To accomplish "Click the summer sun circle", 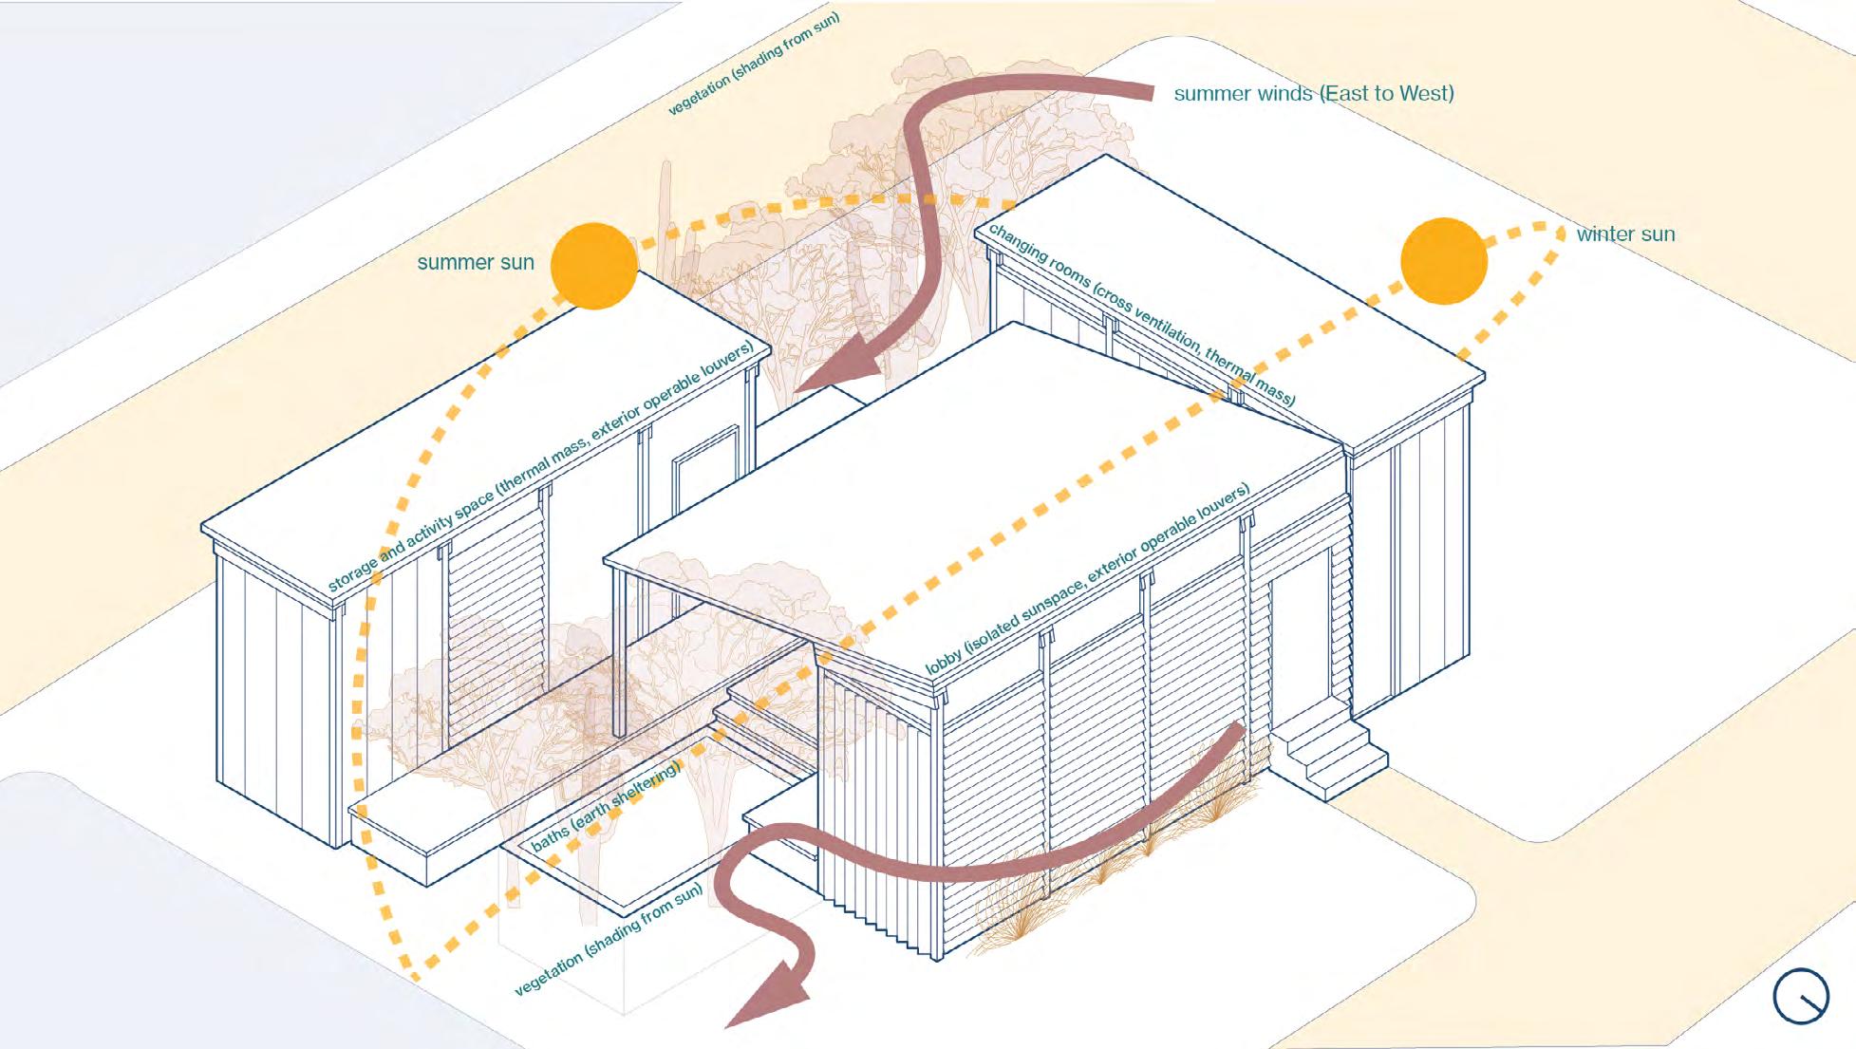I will (x=594, y=266).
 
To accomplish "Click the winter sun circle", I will (x=1444, y=261).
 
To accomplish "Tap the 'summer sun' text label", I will (x=476, y=263).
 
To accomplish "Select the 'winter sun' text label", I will (x=1625, y=234).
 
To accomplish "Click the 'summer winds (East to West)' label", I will (x=1314, y=93).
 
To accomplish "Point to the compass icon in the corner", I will (x=1800, y=997).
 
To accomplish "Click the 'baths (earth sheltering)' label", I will (x=606, y=805).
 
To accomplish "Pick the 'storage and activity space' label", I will (x=541, y=465).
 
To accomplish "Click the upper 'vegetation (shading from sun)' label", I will (x=754, y=65).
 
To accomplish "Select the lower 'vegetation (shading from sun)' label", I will (x=609, y=939).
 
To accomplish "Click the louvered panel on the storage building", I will (x=496, y=608).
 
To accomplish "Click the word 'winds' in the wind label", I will (x=1284, y=93).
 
